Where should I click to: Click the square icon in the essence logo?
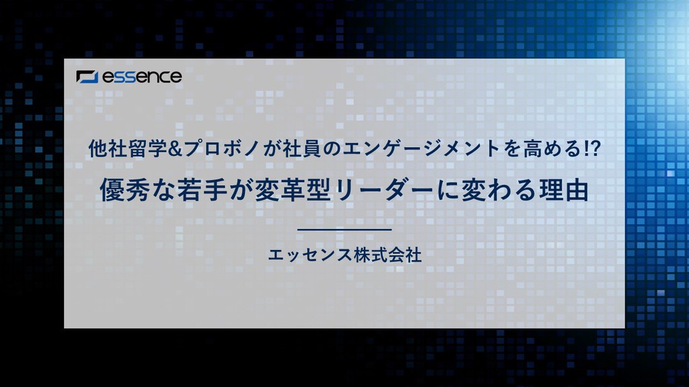pos(87,77)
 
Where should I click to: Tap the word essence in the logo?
pos(142,77)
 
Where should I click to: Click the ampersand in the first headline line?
pos(175,149)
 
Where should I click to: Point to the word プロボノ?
pos(222,149)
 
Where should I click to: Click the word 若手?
pos(203,190)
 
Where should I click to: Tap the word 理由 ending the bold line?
pos(565,190)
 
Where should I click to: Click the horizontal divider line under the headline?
pos(344,230)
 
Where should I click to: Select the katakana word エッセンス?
pos(310,255)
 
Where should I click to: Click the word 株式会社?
pos(388,255)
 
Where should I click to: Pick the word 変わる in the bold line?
pos(499,190)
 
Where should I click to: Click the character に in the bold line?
pos(447,190)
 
